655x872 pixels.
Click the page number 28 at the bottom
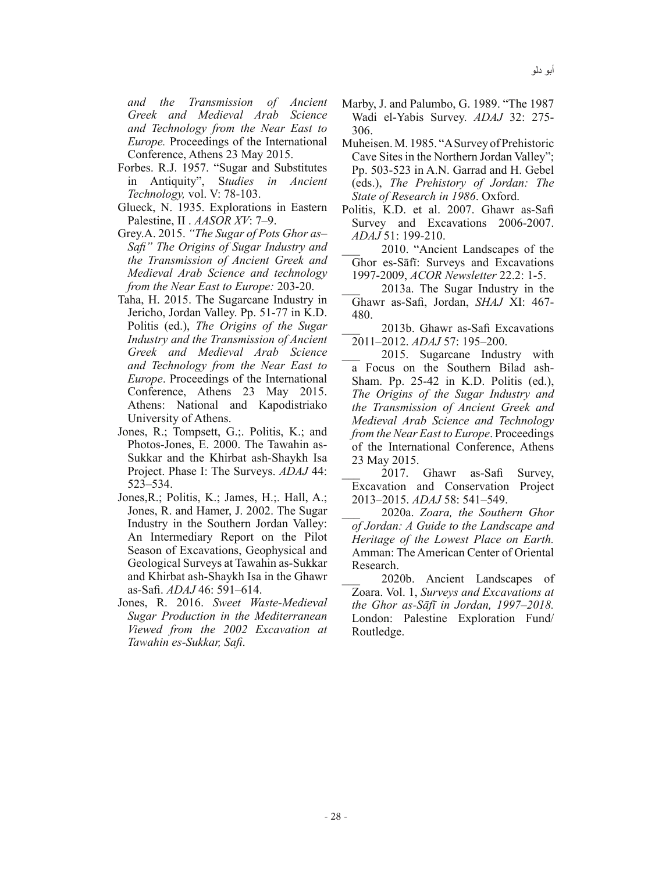pos(336,816)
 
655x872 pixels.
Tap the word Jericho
pos(146,313)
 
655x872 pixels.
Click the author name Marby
pos(358,104)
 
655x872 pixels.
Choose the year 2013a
pos(398,289)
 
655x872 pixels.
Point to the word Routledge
pos(377,631)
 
